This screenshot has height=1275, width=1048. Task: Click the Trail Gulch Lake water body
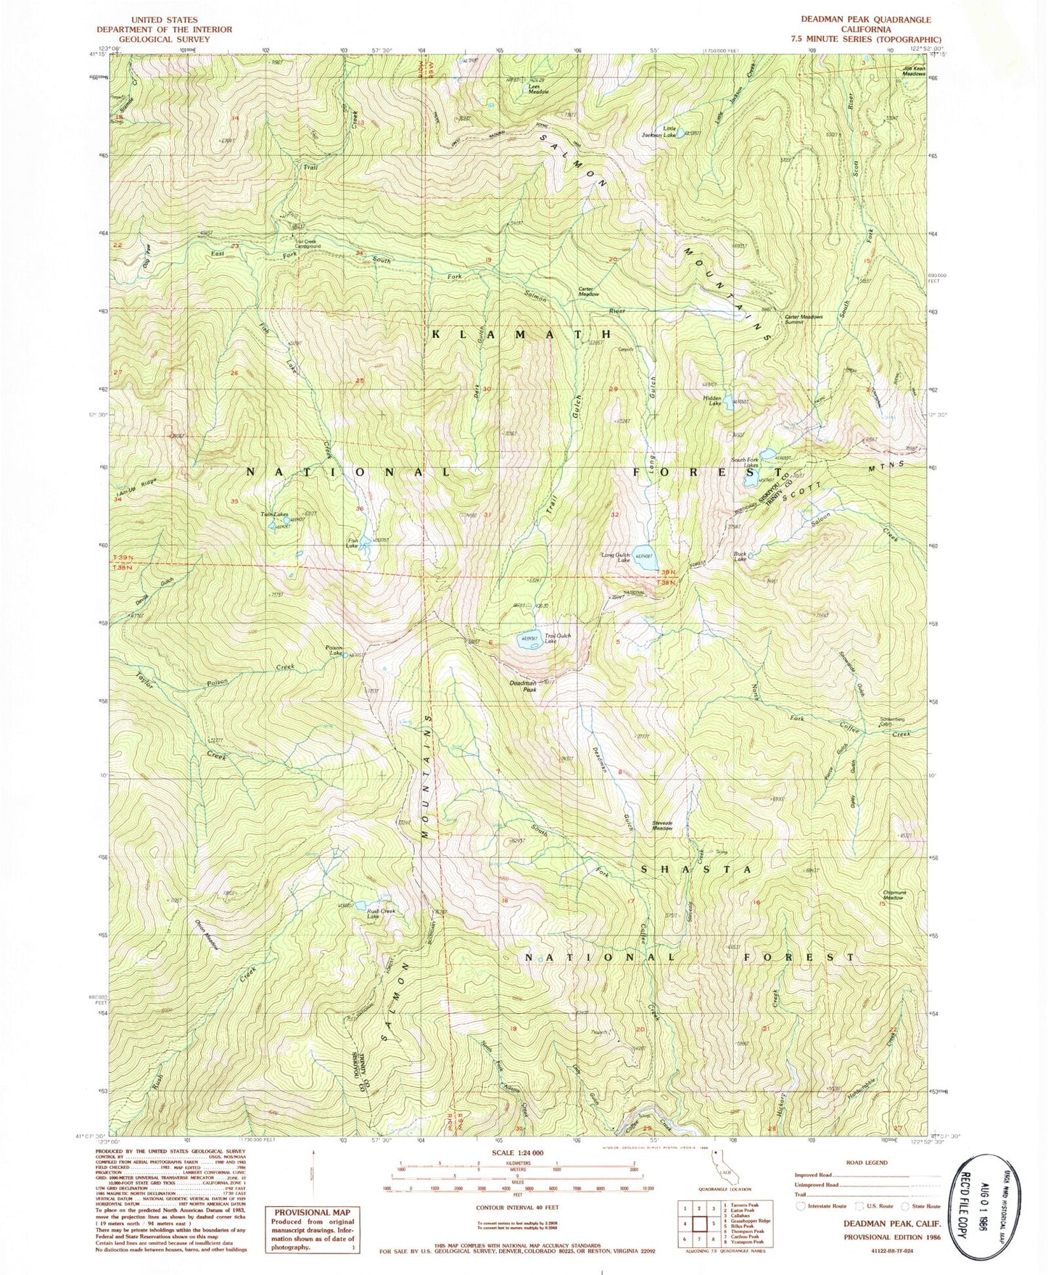[527, 640]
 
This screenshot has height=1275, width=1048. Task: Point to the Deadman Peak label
[520, 686]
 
